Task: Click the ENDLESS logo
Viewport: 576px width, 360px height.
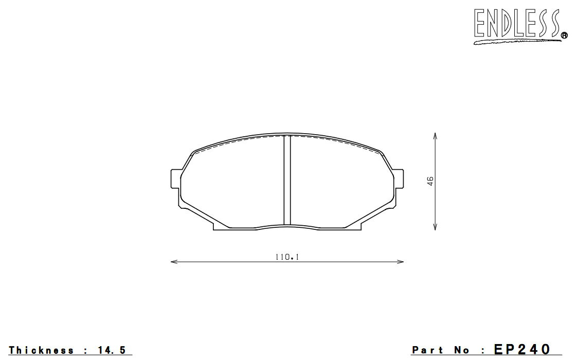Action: click(520, 26)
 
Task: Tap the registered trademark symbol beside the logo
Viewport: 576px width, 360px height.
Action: click(564, 35)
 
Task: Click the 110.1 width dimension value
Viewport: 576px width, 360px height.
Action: click(287, 257)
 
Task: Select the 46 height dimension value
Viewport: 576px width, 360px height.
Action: click(430, 181)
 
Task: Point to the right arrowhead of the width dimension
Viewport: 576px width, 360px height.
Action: click(400, 262)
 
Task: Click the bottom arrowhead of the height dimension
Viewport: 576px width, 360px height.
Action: click(435, 227)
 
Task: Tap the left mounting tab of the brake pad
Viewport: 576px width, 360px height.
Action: click(176, 179)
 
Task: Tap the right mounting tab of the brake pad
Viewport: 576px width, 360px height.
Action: click(399, 179)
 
